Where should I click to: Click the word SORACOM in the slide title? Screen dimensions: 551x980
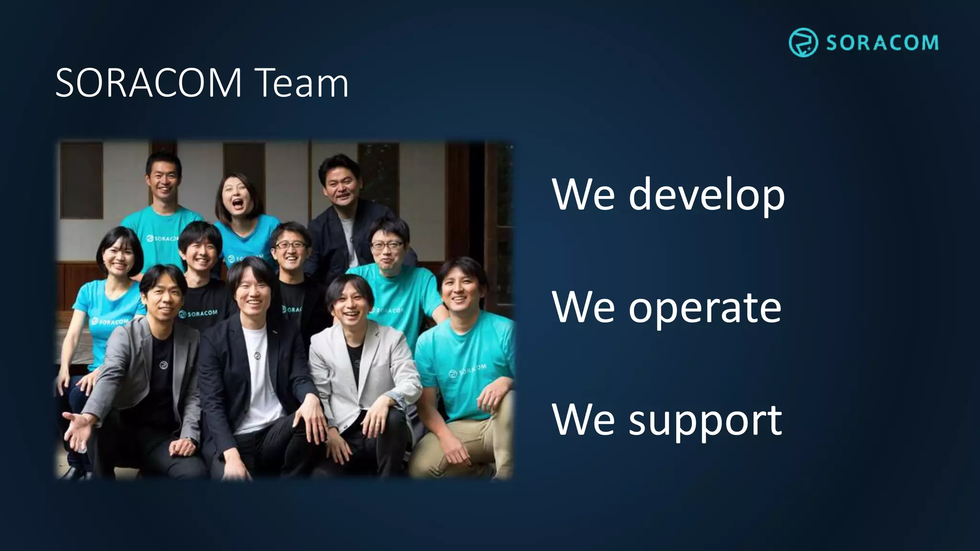pyautogui.click(x=148, y=84)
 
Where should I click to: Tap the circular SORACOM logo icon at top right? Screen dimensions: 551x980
pyautogui.click(x=803, y=43)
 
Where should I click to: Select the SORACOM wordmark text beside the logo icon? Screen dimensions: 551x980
pyautogui.click(x=882, y=43)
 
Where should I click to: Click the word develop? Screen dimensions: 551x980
pyautogui.click(x=706, y=195)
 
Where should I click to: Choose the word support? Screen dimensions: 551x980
pyautogui.click(x=705, y=420)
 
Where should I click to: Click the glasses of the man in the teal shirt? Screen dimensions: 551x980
pyautogui.click(x=387, y=245)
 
